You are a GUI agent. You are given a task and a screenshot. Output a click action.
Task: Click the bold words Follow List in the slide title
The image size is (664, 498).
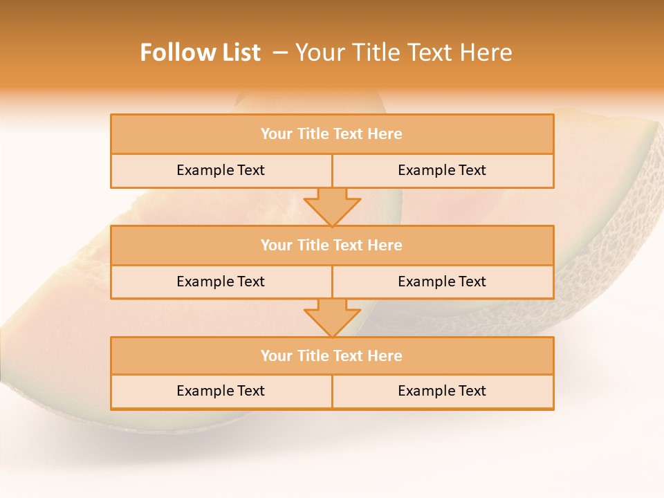200,53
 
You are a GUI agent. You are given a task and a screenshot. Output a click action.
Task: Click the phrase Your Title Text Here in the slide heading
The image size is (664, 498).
404,53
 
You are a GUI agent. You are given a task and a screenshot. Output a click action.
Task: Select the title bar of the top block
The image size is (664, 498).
332,134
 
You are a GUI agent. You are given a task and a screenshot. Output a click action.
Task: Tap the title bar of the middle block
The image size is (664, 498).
332,245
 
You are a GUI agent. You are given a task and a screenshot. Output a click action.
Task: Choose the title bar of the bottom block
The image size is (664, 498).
332,356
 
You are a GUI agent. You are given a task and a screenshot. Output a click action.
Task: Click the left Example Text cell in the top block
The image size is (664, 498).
221,170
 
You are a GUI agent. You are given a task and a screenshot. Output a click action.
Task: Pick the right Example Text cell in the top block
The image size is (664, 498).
442,170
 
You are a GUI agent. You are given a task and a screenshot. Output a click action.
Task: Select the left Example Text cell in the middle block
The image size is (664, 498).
221,282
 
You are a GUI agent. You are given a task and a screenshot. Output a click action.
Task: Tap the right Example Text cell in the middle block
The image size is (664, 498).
442,282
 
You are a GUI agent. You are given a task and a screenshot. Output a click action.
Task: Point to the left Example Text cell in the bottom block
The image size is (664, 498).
221,391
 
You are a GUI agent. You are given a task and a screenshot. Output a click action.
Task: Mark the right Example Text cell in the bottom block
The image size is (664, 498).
442,391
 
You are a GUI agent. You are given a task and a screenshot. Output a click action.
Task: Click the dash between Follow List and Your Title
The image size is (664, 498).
280,53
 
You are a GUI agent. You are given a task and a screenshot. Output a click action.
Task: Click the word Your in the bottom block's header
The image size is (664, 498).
277,356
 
